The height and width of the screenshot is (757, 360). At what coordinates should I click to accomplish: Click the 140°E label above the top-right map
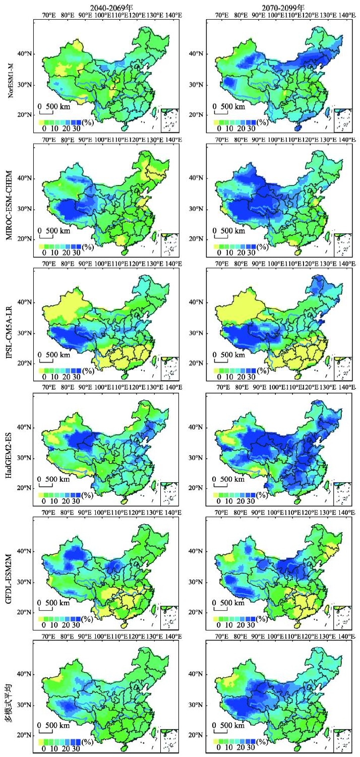tap(343, 16)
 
